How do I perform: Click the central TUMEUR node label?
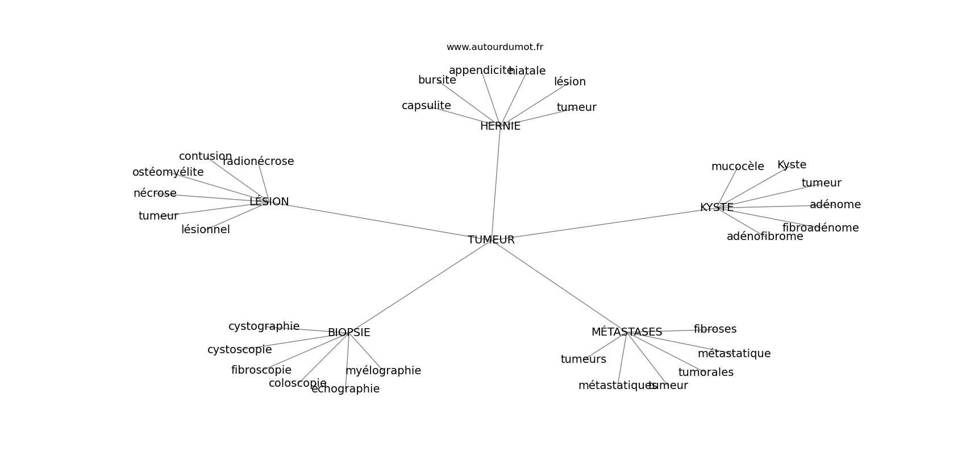[x=491, y=239]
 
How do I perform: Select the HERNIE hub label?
[x=500, y=126]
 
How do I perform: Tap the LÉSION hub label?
[x=269, y=201]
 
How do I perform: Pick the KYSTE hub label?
[x=717, y=207]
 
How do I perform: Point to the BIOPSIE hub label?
[x=349, y=332]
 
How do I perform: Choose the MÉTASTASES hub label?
[x=627, y=332]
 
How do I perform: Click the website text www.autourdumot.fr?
[x=494, y=47]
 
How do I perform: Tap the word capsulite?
[x=426, y=106]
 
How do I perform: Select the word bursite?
[x=437, y=80]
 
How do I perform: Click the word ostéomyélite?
[x=168, y=172]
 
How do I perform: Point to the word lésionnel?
[x=205, y=229]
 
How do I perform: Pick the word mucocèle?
[x=738, y=166]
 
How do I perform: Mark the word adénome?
[x=835, y=204]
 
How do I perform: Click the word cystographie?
[x=264, y=326]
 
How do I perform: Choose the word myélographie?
[x=383, y=370]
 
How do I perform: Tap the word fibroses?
[x=715, y=329]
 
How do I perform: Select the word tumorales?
[x=706, y=372]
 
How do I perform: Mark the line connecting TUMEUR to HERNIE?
[x=496, y=183]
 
